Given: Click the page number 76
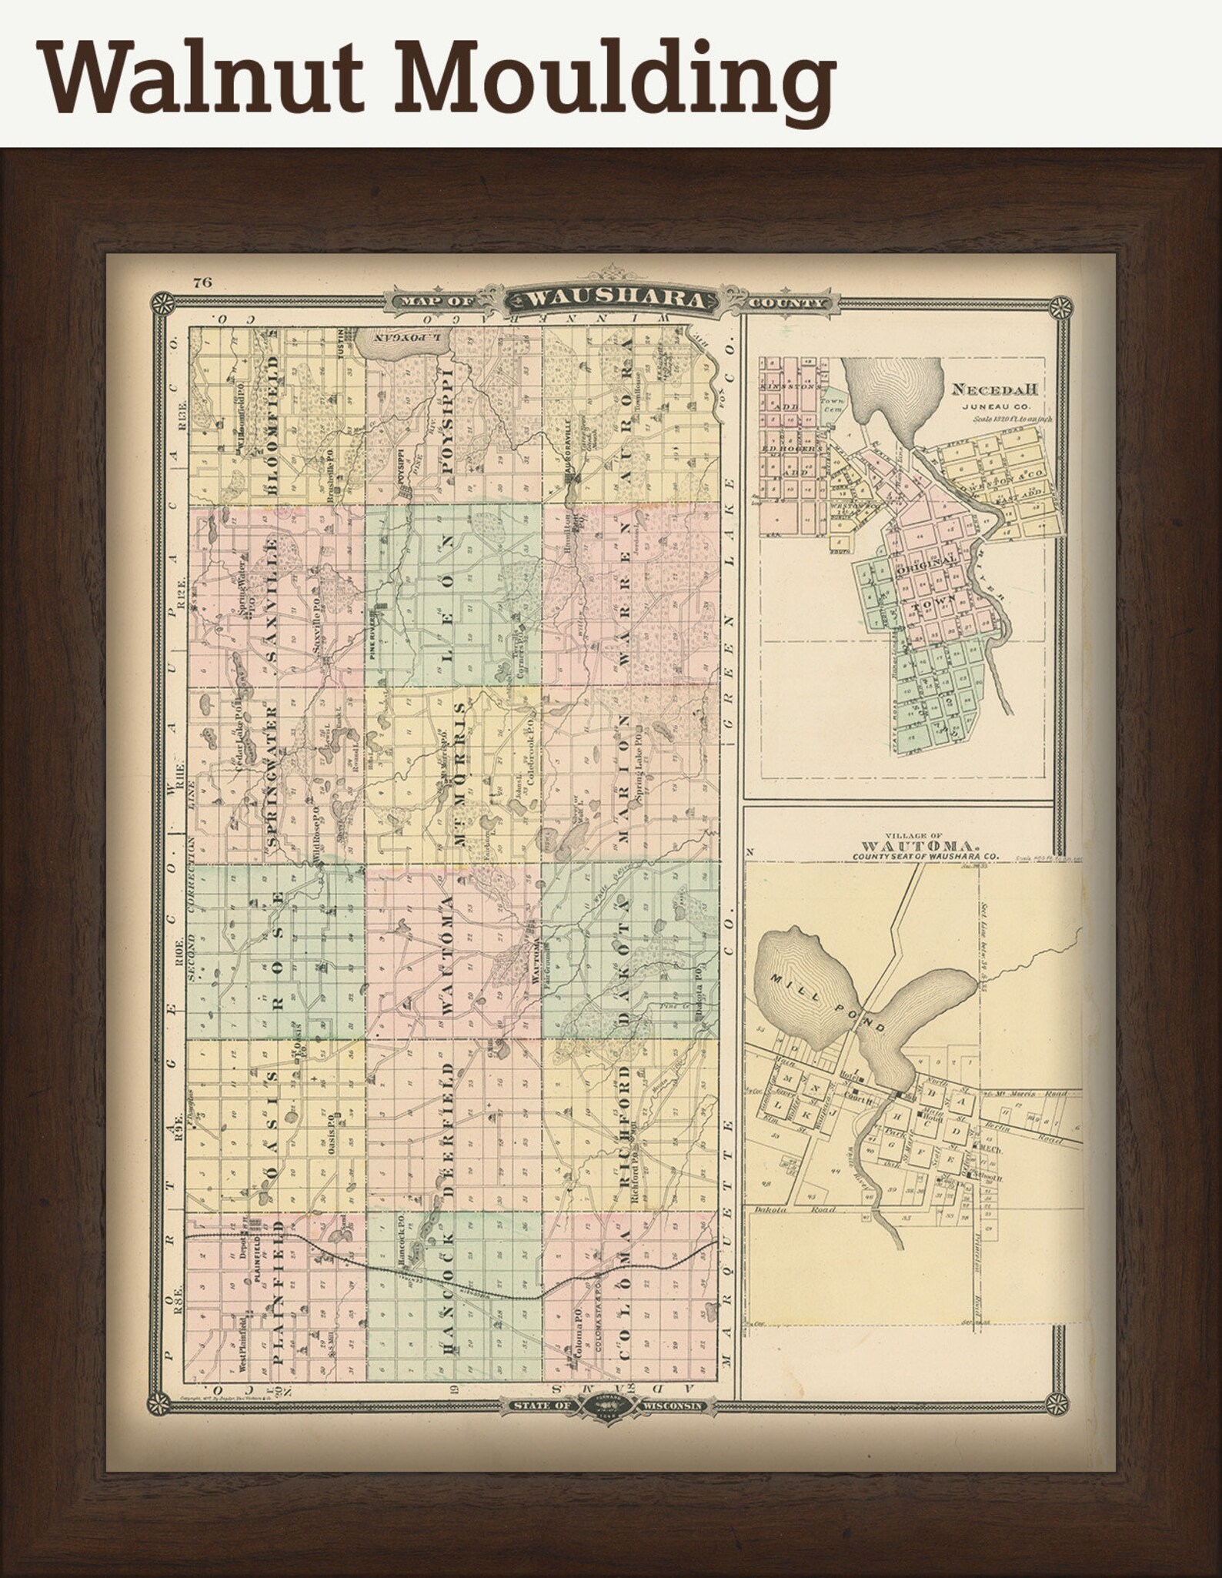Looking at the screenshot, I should pyautogui.click(x=203, y=283).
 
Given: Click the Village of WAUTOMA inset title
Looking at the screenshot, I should pyautogui.click(x=893, y=845).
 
